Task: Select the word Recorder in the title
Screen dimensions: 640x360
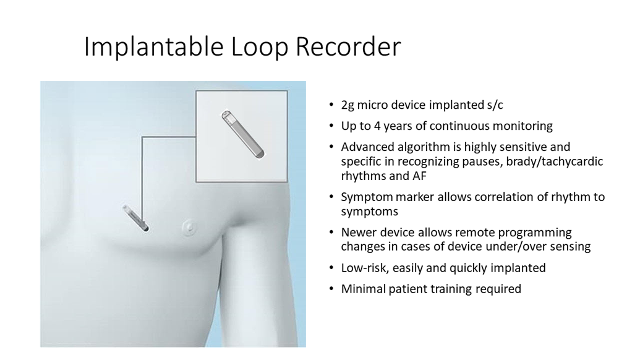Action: [x=348, y=46]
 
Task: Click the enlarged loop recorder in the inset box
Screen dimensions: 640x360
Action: [x=243, y=134]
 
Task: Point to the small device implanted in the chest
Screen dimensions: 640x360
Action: [x=136, y=218]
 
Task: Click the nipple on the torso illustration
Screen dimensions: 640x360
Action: [x=189, y=225]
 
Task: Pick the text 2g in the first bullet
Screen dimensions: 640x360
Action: [x=348, y=105]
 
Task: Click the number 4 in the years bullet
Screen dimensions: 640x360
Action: [x=377, y=126]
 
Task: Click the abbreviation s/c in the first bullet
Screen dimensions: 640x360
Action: [x=495, y=105]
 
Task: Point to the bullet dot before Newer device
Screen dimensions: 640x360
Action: [x=331, y=232]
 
